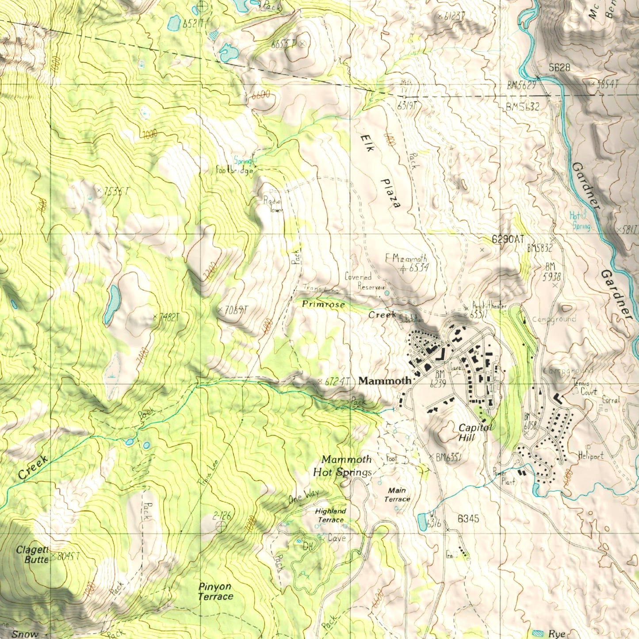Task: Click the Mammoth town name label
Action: click(385, 380)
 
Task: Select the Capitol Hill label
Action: click(474, 432)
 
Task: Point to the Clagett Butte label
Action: click(32, 555)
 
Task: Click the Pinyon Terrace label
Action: click(215, 591)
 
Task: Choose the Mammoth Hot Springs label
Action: click(343, 466)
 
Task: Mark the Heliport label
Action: click(590, 455)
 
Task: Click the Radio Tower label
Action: click(273, 205)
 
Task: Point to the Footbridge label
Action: click(235, 170)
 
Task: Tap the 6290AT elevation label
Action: click(508, 239)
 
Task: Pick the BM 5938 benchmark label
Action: click(551, 272)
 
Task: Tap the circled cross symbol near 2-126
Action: click(221, 526)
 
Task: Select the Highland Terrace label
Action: click(330, 515)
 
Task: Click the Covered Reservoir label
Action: click(365, 282)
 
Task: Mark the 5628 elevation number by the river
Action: click(559, 68)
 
